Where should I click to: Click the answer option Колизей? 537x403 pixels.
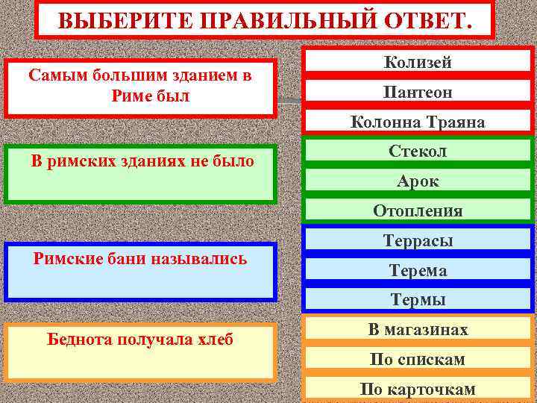[x=418, y=63]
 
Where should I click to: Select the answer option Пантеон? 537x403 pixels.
[x=418, y=93]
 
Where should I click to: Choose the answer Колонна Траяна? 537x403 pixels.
[x=418, y=122]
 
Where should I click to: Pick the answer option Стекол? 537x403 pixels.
[x=418, y=151]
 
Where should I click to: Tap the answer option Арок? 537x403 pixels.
[x=418, y=181]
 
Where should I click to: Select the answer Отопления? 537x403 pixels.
[x=418, y=211]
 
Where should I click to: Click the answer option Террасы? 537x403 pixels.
[x=418, y=241]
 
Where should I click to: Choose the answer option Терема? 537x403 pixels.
[x=418, y=271]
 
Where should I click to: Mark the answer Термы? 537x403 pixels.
[x=418, y=300]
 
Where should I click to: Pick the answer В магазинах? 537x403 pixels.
[x=418, y=330]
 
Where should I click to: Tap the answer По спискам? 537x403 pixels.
[x=418, y=360]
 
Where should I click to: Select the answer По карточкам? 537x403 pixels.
[x=418, y=390]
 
